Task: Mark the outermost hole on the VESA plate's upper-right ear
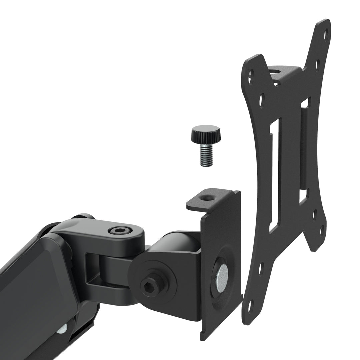326,32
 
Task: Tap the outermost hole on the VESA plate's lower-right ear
322,230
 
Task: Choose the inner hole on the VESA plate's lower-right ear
314,213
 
